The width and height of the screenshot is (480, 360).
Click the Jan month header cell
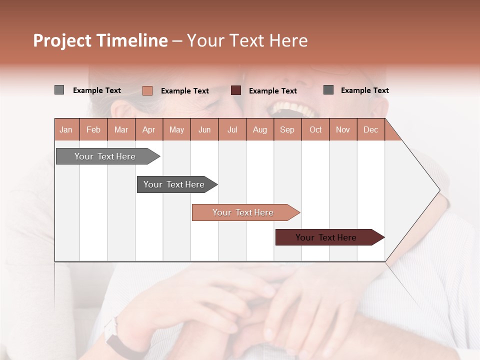click(x=66, y=129)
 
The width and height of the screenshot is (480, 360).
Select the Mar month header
click(x=121, y=129)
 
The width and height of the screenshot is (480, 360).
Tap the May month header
click(x=176, y=129)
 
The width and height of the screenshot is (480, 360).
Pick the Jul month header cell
click(x=232, y=129)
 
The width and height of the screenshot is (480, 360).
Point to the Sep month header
click(x=287, y=129)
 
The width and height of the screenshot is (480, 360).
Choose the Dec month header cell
click(x=370, y=129)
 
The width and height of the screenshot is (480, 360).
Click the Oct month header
click(x=315, y=129)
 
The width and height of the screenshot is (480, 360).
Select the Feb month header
click(x=93, y=129)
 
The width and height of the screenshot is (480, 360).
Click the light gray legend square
click(x=59, y=90)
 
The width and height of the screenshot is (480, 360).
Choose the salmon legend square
click(x=147, y=90)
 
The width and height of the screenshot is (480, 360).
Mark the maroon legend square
click(x=236, y=90)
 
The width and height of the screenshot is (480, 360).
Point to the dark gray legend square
click(x=328, y=90)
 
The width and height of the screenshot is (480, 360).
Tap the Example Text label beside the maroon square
click(x=272, y=91)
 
